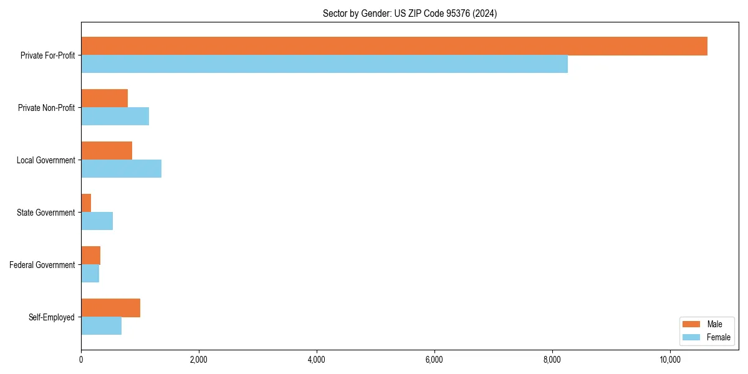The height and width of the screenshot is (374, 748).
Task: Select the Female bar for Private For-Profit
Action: point(324,64)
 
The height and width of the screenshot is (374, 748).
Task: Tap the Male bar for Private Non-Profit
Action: point(104,98)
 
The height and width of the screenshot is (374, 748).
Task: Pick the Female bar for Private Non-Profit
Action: point(115,117)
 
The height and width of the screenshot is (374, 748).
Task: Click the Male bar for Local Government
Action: point(107,151)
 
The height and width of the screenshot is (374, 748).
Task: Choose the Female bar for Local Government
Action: point(121,169)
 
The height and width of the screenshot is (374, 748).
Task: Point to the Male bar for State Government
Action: point(86,203)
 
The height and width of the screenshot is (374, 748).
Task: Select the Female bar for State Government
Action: point(97,221)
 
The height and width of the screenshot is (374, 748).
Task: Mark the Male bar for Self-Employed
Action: point(110,308)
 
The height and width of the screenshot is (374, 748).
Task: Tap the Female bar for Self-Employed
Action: point(101,326)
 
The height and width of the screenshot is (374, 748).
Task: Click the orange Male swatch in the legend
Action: point(691,324)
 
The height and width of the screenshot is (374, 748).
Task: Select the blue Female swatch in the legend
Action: point(691,337)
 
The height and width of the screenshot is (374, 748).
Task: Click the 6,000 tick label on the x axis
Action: point(434,360)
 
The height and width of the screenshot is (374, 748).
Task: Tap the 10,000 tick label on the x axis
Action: point(670,360)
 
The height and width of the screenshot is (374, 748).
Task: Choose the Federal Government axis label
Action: point(42,265)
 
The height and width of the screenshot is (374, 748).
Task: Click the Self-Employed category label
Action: point(52,317)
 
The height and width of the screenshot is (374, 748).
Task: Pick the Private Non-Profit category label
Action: point(46,108)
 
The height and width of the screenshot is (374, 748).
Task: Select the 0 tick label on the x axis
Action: point(81,360)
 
